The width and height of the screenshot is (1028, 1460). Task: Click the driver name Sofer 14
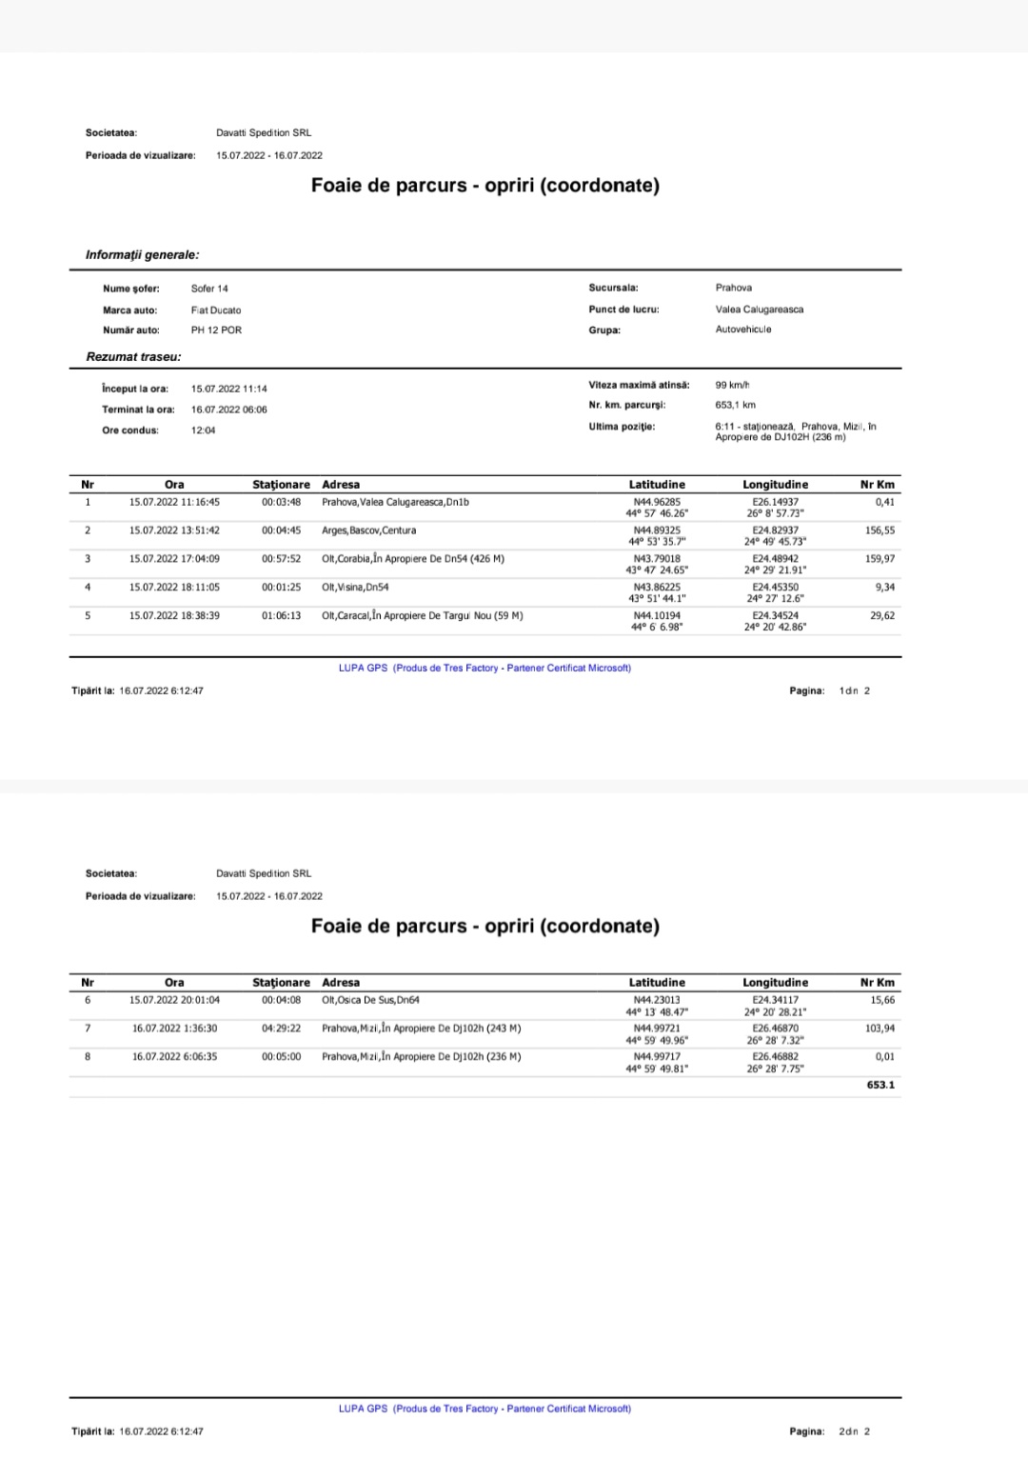click(x=209, y=289)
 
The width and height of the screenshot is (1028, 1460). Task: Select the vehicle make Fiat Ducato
click(x=216, y=310)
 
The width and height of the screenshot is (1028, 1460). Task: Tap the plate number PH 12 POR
click(x=216, y=330)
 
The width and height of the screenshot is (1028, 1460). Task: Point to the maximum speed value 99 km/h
click(x=733, y=385)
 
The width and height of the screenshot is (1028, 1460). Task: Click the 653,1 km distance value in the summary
click(x=736, y=405)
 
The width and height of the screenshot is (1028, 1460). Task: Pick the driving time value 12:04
click(x=203, y=430)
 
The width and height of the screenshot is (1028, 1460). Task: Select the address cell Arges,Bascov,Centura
click(x=368, y=530)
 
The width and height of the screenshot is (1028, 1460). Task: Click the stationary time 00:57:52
click(x=281, y=559)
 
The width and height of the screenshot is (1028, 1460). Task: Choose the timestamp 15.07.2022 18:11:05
click(x=174, y=588)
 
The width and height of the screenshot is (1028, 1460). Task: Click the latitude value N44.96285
click(x=657, y=502)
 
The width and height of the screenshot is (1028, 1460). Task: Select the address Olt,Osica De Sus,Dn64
click(x=370, y=1000)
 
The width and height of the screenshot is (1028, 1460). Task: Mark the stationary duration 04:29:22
click(x=281, y=1029)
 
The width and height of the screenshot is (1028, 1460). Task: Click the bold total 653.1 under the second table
click(x=880, y=1085)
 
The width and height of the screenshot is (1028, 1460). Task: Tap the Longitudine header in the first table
click(x=775, y=485)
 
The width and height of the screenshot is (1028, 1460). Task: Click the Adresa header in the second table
click(x=341, y=982)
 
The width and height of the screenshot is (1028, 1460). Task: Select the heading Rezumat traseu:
click(x=133, y=357)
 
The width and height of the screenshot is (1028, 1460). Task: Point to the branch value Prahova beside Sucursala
click(x=734, y=288)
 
